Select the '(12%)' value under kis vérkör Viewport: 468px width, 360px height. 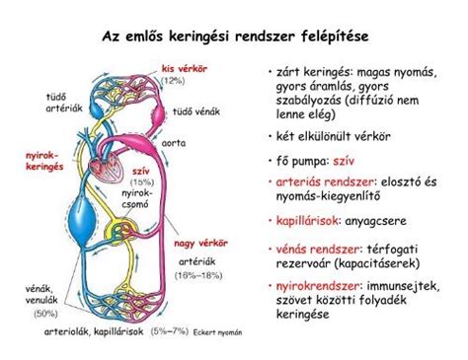pyautogui.click(x=174, y=79)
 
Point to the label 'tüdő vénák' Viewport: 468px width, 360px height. pyautogui.click(x=195, y=111)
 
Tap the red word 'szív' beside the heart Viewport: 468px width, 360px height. pyautogui.click(x=140, y=171)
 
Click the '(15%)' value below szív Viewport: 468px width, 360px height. pyautogui.click(x=140, y=182)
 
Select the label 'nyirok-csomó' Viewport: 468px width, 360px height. pyautogui.click(x=135, y=200)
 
